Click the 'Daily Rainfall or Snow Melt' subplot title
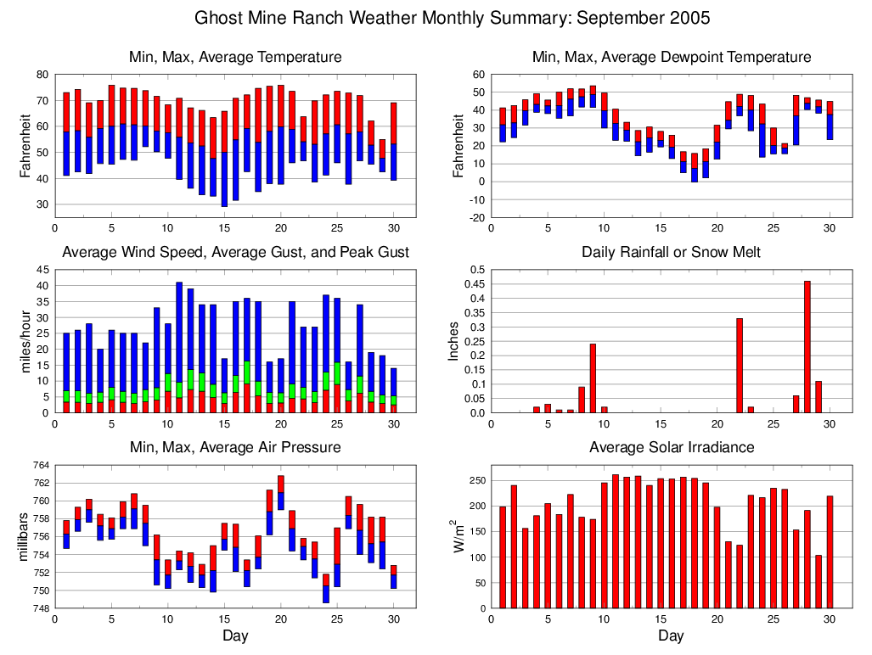[671, 252]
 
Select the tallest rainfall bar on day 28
[807, 347]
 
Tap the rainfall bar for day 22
[740, 366]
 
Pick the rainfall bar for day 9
[593, 378]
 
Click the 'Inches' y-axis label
[453, 341]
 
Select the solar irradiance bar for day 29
[819, 582]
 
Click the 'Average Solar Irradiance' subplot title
[671, 447]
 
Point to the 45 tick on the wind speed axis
[42, 270]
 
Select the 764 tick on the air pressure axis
[39, 465]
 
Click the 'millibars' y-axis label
[24, 536]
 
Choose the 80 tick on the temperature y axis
[42, 75]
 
